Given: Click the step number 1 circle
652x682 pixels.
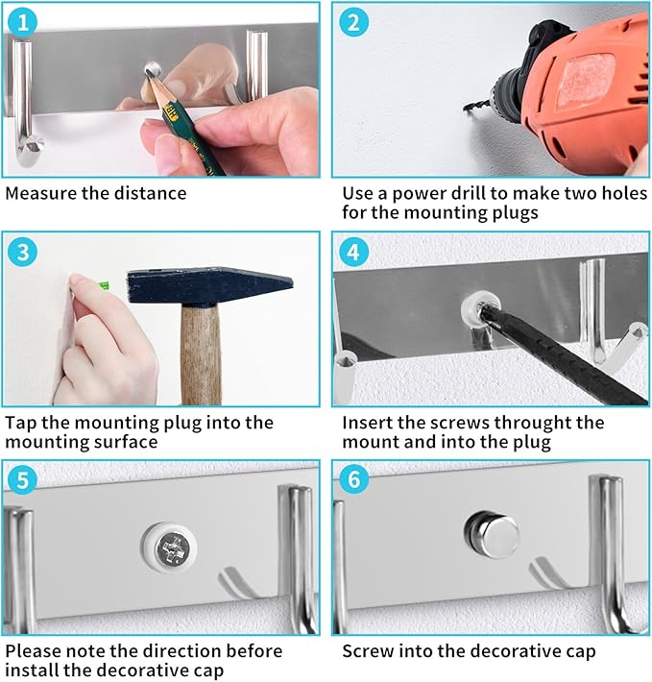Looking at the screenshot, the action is pyautogui.click(x=22, y=22).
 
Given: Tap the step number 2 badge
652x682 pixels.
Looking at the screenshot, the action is pyautogui.click(x=353, y=22).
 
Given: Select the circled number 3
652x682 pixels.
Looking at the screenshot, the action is pyautogui.click(x=23, y=252).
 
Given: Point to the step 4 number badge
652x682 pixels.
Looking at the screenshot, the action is pyautogui.click(x=353, y=252).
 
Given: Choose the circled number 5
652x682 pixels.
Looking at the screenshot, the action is pyautogui.click(x=23, y=480).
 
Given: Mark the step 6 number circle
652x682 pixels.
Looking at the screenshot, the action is pyautogui.click(x=353, y=479).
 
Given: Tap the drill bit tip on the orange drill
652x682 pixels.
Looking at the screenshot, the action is pyautogui.click(x=465, y=108).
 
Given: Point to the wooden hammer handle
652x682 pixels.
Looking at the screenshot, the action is pyautogui.click(x=201, y=355).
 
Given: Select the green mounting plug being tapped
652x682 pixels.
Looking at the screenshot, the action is pyautogui.click(x=104, y=285).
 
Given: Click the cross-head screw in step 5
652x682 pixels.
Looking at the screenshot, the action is pyautogui.click(x=170, y=548).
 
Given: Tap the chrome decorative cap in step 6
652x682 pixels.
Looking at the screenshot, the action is pyautogui.click(x=492, y=534).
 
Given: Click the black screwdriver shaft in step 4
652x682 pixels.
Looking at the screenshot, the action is pyautogui.click(x=565, y=353).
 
